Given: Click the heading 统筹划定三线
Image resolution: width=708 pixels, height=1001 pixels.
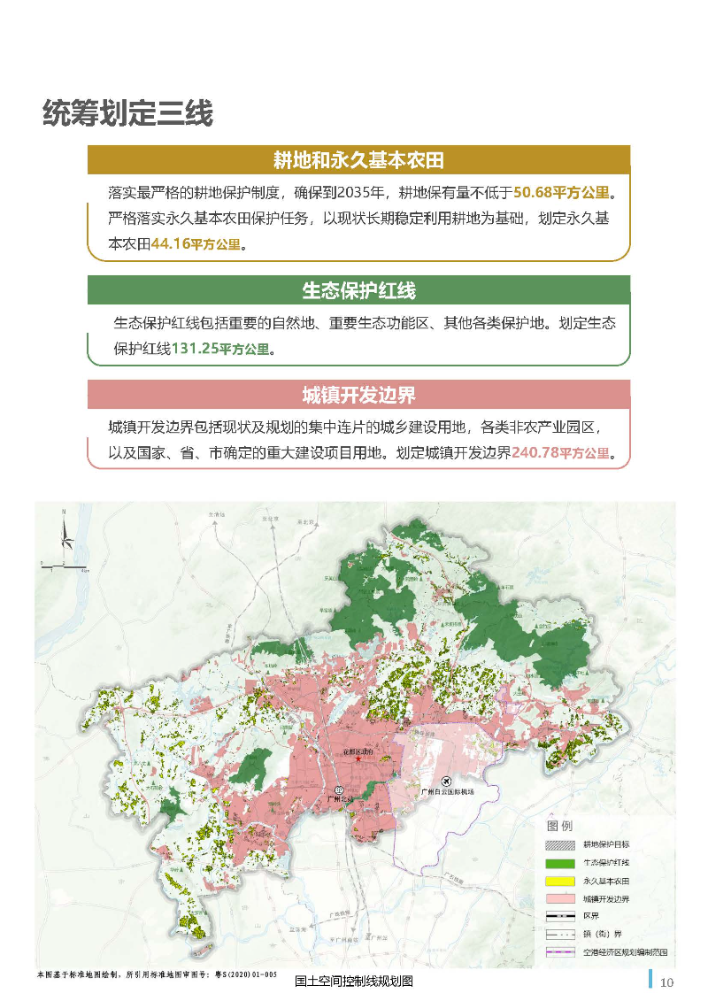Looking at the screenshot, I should (127, 114).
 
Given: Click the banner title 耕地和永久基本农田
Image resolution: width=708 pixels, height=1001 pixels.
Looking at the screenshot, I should (358, 160).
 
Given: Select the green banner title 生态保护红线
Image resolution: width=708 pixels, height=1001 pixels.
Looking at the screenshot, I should (358, 290).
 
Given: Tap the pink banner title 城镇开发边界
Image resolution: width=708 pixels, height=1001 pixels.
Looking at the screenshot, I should (358, 395).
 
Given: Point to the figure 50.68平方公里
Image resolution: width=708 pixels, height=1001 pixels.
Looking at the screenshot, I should (565, 192).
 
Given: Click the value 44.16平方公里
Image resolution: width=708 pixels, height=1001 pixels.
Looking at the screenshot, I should (196, 244).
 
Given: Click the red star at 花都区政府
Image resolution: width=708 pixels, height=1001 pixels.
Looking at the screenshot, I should (358, 758).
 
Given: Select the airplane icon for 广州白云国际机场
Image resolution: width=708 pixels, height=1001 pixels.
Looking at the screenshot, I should (445, 780).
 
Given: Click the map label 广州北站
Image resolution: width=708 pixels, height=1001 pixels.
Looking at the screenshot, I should (340, 799).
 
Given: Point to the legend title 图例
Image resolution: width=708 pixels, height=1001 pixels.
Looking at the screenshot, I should (561, 825).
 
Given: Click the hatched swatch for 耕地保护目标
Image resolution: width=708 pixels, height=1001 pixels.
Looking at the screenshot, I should (560, 844).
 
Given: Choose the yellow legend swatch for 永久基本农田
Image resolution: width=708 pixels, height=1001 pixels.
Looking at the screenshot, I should (560, 881).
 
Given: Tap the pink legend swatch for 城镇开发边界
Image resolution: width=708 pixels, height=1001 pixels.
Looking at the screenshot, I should (560, 899).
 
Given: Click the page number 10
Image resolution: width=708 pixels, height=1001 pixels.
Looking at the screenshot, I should (667, 982).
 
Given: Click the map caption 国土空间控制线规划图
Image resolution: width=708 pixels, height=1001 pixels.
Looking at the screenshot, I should (354, 982).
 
